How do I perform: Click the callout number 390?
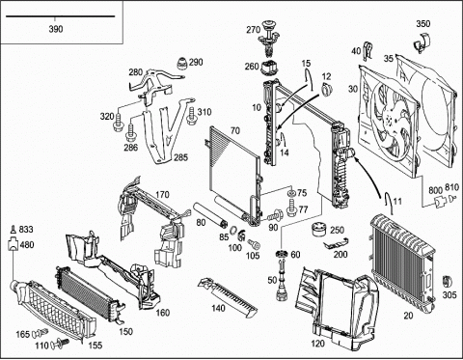(56, 29)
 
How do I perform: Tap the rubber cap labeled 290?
(182, 64)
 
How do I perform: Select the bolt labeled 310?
(191, 116)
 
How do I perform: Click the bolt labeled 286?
(131, 132)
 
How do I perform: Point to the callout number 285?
(180, 157)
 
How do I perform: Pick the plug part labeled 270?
(267, 38)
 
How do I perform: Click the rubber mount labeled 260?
(270, 68)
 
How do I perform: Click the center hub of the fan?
(390, 121)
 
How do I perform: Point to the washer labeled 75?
(291, 193)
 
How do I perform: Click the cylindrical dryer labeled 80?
(209, 214)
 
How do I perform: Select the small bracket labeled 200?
(337, 243)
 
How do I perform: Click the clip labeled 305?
(447, 283)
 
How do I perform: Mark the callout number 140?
(218, 308)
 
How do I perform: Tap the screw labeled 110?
(60, 344)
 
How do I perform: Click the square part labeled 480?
(13, 243)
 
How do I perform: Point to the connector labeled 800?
(440, 202)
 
